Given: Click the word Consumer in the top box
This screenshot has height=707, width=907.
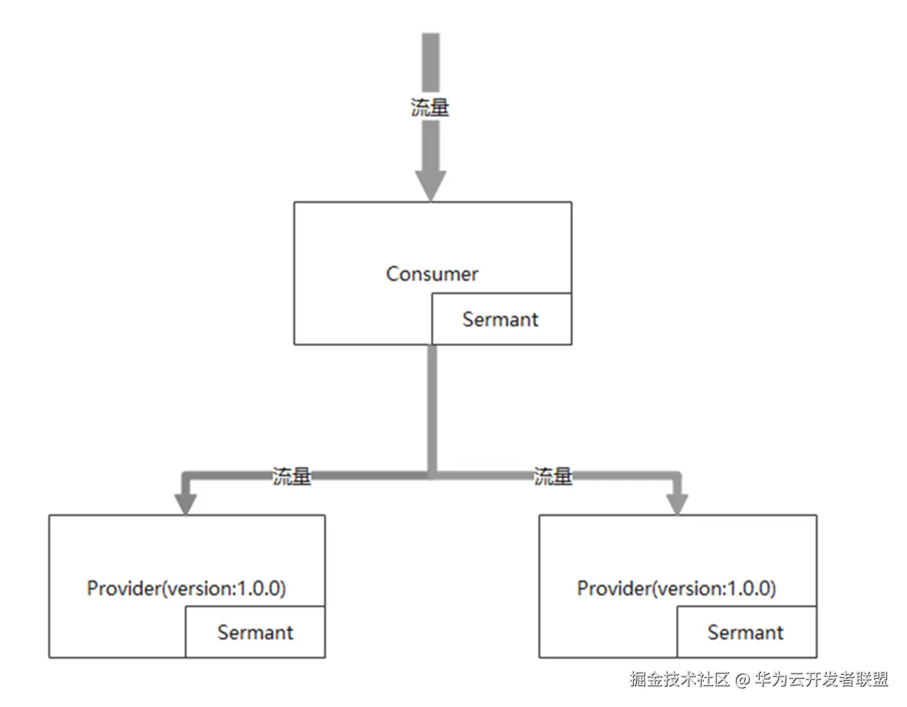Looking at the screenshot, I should [432, 274].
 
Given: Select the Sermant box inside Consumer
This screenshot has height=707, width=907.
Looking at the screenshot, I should [501, 319].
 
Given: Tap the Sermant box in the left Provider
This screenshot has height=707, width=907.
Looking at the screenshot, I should [255, 632].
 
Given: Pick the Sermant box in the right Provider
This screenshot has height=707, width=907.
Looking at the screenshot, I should [746, 632].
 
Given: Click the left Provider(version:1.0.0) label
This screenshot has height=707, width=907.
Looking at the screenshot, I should [186, 588].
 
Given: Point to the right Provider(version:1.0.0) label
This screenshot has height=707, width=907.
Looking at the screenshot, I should [676, 588].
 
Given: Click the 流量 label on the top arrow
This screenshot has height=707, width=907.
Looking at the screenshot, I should [430, 107].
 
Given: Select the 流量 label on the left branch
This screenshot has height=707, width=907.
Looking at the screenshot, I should [292, 476].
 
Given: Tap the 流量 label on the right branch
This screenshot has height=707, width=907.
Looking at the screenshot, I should [553, 476].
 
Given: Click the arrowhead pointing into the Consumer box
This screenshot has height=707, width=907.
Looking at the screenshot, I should [430, 184].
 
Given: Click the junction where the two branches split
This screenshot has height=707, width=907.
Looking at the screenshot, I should [432, 475].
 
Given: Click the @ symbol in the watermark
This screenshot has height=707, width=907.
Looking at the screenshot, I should [741, 679].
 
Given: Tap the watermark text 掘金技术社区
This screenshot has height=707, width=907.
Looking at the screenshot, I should [679, 679].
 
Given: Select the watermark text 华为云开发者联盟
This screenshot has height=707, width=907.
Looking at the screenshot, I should [821, 679].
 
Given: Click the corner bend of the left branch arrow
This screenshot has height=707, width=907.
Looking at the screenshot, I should [187, 476].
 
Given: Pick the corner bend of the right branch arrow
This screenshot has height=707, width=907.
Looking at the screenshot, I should [676, 476].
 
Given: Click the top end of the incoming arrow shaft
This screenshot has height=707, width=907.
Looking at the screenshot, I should [430, 37].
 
